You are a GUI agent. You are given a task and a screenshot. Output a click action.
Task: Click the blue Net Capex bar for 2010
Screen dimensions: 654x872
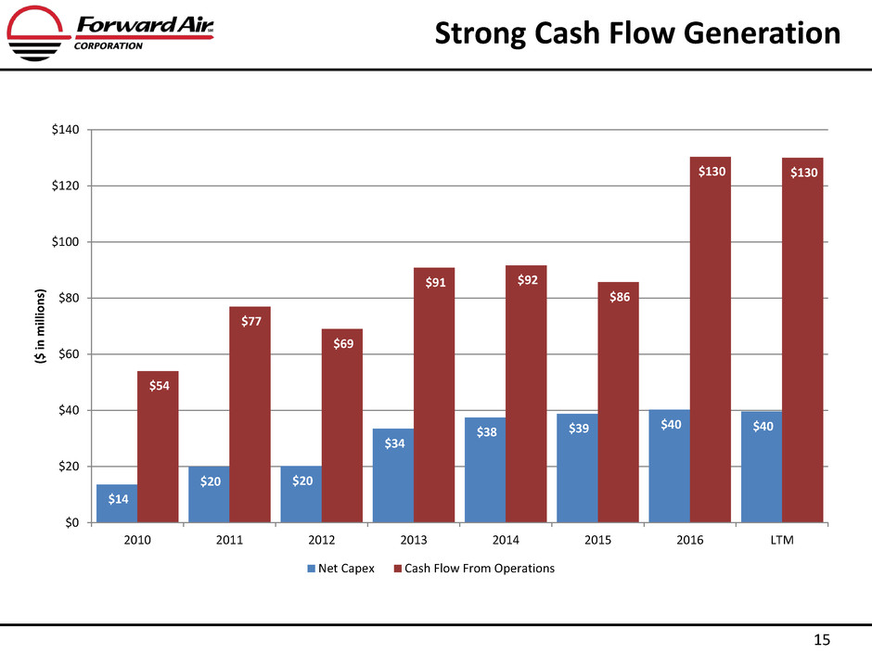coord(116,504)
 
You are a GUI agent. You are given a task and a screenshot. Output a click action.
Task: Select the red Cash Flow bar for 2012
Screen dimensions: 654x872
coord(341,426)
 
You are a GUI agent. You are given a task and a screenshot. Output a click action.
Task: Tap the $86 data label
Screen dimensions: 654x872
coord(618,298)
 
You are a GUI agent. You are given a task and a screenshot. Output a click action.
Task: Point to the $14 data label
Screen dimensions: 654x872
coord(118,499)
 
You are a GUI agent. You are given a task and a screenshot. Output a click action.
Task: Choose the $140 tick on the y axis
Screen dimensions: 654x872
coord(67,130)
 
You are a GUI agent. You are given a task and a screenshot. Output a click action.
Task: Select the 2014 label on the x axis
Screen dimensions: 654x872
coord(507,541)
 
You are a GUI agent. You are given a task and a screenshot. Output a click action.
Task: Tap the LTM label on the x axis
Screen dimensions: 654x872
coord(782,541)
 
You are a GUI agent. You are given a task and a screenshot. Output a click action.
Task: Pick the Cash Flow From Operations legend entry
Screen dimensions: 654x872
coord(472,569)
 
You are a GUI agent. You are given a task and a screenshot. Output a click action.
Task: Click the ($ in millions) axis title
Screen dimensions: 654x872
coord(42,326)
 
